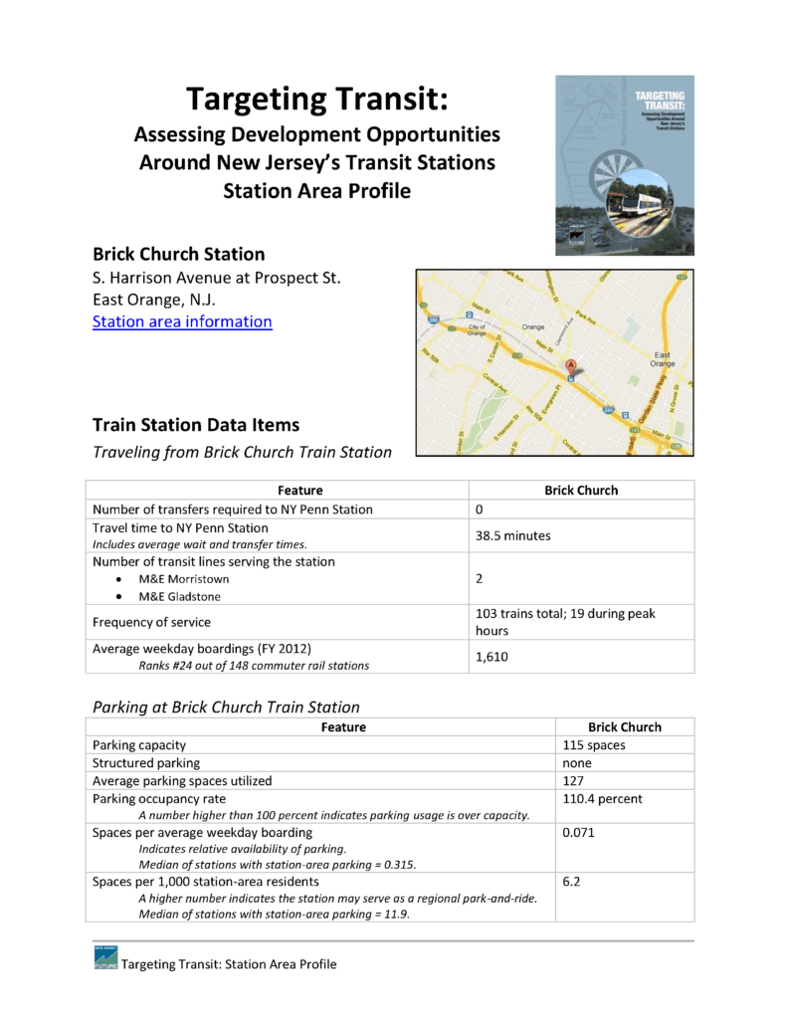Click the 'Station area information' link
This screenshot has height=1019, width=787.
click(182, 321)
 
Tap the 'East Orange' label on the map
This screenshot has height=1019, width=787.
click(662, 359)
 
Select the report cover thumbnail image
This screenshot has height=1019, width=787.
click(624, 164)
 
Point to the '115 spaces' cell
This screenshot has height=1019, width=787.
click(594, 744)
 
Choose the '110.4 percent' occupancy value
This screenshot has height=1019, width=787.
click(602, 798)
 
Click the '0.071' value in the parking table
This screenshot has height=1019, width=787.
click(579, 832)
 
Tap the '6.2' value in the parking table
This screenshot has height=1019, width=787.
click(570, 882)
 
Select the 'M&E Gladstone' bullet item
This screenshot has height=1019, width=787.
click(180, 597)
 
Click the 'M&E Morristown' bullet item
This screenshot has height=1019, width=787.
click(183, 579)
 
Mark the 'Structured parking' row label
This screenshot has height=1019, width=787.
click(145, 762)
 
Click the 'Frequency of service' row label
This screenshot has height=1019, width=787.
click(151, 622)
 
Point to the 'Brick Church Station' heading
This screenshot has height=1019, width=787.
click(178, 254)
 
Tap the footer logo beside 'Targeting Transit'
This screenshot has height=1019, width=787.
click(104, 962)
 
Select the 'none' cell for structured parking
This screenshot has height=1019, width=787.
click(577, 762)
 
